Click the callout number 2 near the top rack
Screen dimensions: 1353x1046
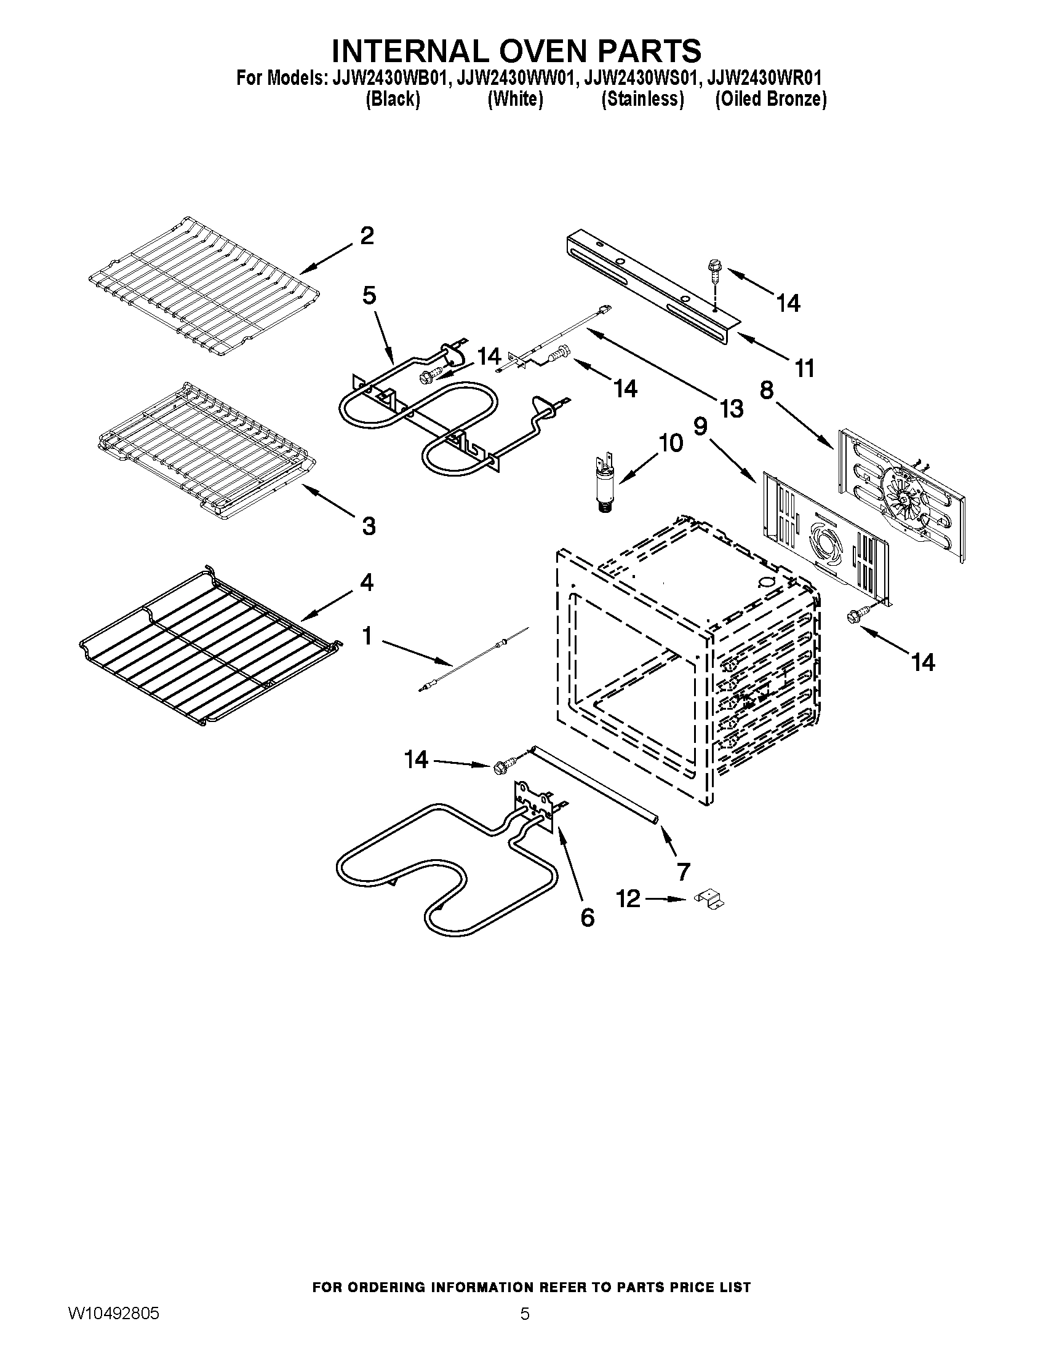click(367, 236)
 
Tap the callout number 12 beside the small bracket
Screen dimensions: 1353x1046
click(628, 899)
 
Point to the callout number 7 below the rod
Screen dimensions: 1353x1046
click(683, 871)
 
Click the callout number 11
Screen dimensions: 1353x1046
click(804, 368)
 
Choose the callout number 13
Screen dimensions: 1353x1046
click(731, 408)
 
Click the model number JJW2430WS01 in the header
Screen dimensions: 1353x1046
click(642, 78)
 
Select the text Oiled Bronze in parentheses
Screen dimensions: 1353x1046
click(770, 99)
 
